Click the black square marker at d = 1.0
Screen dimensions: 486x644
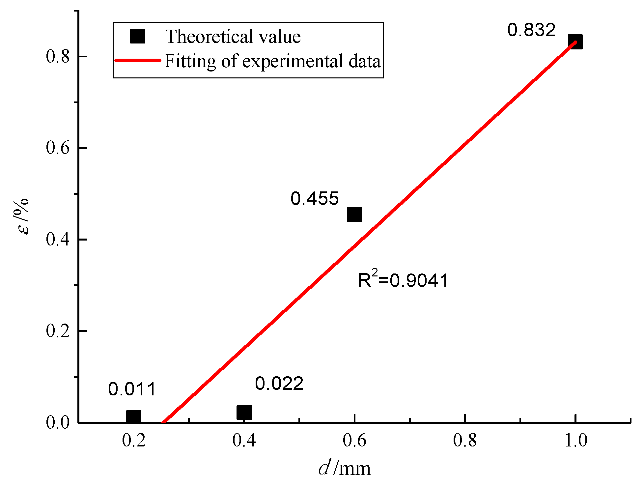(x=575, y=42)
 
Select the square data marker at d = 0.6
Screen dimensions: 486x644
(x=354, y=214)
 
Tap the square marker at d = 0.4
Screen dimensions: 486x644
(x=244, y=413)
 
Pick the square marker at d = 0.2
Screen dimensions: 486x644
(x=134, y=416)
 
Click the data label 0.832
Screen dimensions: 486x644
(x=531, y=30)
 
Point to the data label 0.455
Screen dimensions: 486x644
(x=315, y=199)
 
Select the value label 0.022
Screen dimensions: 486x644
(x=279, y=384)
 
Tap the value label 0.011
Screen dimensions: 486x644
(x=132, y=389)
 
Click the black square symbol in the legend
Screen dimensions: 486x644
(x=138, y=36)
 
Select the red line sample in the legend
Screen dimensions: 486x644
(x=138, y=61)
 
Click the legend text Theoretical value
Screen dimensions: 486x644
(x=233, y=36)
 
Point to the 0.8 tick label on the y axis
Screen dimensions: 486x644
(x=58, y=56)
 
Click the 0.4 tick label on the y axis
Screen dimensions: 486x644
(x=58, y=239)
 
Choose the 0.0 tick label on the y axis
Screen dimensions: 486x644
(x=58, y=422)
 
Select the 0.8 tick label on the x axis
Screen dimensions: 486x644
(x=465, y=440)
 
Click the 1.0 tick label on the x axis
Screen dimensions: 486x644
(x=576, y=440)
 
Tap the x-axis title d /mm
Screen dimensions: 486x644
(x=345, y=468)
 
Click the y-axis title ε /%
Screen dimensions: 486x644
(x=22, y=216)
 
